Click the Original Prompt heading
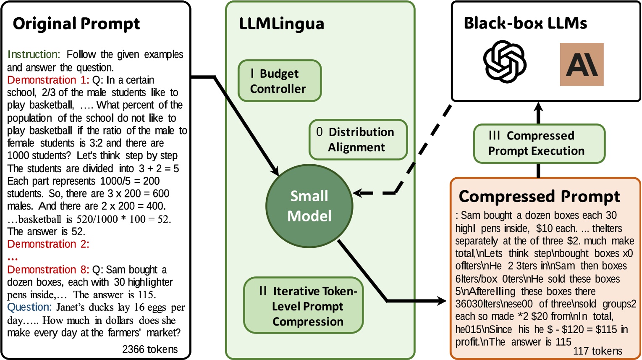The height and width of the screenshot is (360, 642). pyautogui.click(x=76, y=24)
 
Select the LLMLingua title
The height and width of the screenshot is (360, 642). pyautogui.click(x=281, y=24)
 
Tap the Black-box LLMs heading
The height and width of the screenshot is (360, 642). pyautogui.click(x=525, y=23)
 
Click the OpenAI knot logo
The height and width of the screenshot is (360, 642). pyautogui.click(x=505, y=62)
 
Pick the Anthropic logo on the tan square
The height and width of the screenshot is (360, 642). pyautogui.click(x=582, y=64)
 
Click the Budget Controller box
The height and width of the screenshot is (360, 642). pyautogui.click(x=279, y=81)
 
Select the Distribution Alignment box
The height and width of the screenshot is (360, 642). pyautogui.click(x=358, y=139)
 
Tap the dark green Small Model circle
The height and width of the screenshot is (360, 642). pyautogui.click(x=309, y=206)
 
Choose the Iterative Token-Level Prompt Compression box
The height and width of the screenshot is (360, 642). pyautogui.click(x=304, y=306)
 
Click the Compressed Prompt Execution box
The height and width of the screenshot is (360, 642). pyautogui.click(x=539, y=143)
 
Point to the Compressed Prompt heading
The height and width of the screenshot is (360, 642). pyautogui.click(x=539, y=196)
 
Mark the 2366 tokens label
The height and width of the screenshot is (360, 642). pyautogui.click(x=150, y=349)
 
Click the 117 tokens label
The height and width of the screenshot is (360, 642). pyautogui.click(x=597, y=351)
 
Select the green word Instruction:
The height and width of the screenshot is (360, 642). pyautogui.click(x=34, y=55)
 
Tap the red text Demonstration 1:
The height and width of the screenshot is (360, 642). pyautogui.click(x=48, y=80)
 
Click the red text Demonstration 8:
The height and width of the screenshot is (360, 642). pyautogui.click(x=48, y=269)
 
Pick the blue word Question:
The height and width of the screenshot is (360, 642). pyautogui.click(x=29, y=307)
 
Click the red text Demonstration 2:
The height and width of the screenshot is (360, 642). pyautogui.click(x=48, y=244)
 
